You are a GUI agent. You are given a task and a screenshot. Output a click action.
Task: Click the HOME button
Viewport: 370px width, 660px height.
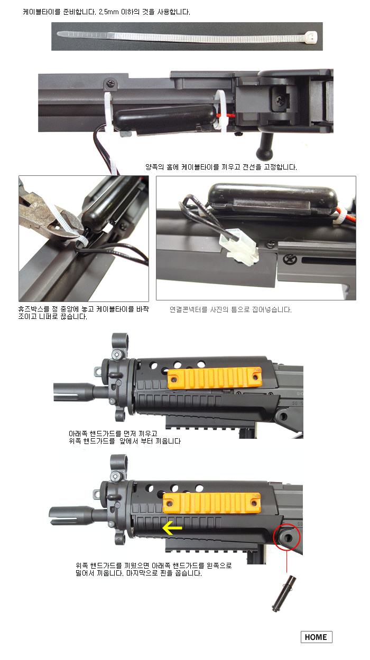(316, 637)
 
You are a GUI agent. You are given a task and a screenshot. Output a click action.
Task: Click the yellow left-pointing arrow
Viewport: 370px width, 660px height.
(172, 527)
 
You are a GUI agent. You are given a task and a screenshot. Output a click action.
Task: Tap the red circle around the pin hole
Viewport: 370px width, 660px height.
(286, 537)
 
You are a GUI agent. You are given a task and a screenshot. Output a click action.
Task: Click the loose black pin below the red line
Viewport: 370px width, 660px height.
(284, 593)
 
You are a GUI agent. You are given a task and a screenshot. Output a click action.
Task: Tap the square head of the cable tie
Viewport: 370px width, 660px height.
(311, 37)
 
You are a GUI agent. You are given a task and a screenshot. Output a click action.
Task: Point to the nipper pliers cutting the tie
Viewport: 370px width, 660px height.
(47, 218)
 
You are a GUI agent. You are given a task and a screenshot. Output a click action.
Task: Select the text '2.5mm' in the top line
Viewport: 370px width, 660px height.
(108, 12)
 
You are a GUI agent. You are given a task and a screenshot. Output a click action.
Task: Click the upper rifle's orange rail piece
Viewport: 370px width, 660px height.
(215, 378)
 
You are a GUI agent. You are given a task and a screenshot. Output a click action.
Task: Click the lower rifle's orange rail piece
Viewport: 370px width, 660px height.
(212, 503)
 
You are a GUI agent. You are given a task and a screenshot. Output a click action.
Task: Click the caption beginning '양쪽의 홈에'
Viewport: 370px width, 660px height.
(221, 167)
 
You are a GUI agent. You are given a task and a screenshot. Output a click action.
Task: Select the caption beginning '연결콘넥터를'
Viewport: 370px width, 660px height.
(231, 309)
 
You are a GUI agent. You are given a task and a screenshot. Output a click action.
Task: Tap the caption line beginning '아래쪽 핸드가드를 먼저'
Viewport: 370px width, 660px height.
(113, 433)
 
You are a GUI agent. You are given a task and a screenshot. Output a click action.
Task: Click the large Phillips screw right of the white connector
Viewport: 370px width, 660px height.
(289, 259)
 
